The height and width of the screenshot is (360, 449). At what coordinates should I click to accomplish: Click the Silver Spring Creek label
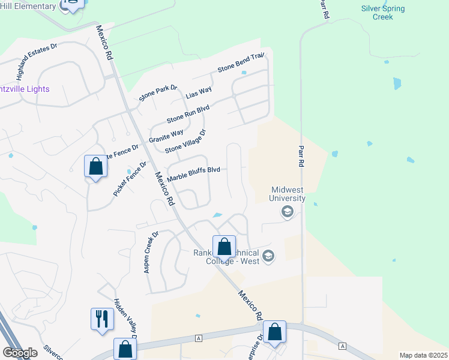coord(383,13)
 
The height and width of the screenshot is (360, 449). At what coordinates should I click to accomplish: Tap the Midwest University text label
coord(287,194)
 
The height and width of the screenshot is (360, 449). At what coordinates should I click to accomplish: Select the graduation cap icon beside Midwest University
coord(287,211)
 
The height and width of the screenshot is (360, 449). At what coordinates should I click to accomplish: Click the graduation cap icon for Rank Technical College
coord(268,256)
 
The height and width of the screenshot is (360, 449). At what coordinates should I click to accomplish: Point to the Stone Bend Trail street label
coord(241,62)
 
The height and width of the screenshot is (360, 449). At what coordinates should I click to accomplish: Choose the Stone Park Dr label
coord(158,93)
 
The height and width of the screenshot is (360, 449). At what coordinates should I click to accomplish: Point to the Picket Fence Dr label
coord(130,179)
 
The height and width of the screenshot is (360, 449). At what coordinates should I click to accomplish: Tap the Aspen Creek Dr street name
coord(150,253)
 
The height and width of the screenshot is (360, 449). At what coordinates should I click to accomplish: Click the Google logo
coord(20,353)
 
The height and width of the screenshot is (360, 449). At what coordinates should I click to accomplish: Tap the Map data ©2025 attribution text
coord(423,355)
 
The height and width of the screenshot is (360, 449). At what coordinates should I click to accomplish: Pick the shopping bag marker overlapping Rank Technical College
coord(224,246)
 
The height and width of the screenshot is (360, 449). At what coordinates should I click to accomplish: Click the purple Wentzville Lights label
coord(25,89)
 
